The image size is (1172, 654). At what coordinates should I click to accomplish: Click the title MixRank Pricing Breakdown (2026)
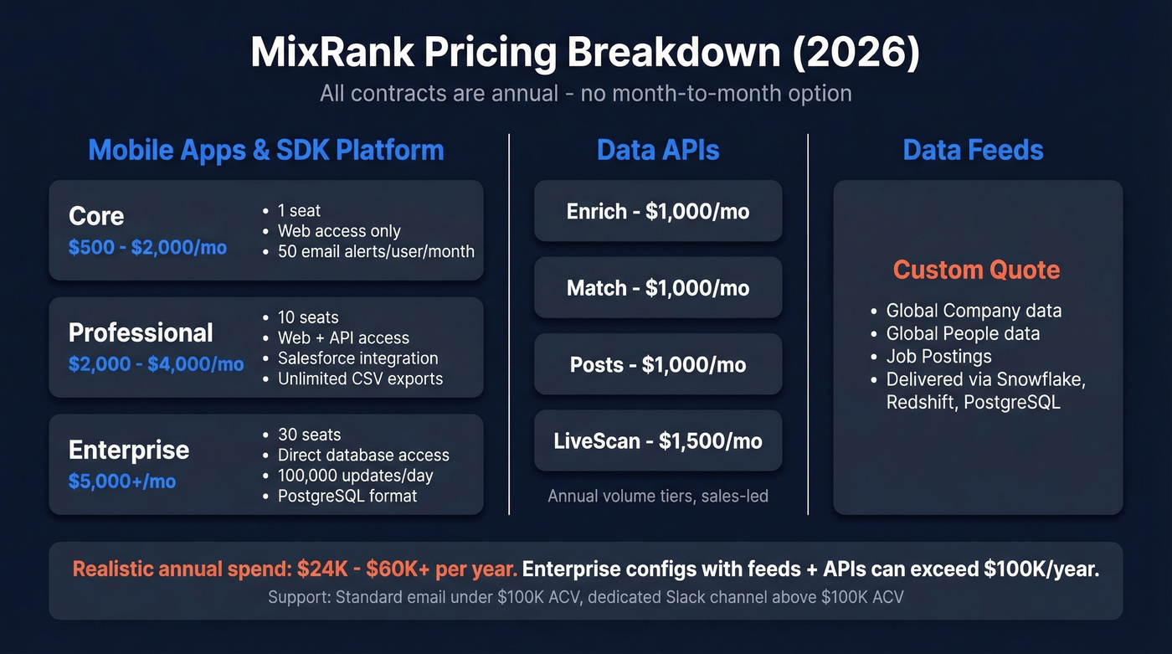585,52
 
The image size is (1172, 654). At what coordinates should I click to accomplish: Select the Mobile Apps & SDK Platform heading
265,150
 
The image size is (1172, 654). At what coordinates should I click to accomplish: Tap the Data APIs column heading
658,150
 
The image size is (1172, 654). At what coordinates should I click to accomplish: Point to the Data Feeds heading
973,150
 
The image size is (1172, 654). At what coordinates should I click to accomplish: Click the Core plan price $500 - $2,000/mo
147,247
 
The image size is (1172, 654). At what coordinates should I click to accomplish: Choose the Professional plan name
141,332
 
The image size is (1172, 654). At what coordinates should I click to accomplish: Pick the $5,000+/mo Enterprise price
122,481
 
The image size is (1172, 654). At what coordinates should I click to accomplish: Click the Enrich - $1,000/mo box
658,211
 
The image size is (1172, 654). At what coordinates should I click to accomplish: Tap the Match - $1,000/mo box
658,288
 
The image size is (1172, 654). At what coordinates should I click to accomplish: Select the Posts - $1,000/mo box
658,364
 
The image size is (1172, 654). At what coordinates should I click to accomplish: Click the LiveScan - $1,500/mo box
658,440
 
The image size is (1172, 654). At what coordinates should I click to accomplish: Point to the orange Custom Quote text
976,270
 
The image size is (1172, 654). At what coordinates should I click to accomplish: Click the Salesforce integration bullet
357,358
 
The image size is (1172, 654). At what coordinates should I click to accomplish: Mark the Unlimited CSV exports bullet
360,378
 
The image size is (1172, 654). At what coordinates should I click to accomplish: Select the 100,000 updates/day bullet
355,476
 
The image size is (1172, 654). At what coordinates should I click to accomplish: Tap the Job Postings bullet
938,357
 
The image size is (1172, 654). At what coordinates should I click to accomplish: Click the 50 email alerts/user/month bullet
376,251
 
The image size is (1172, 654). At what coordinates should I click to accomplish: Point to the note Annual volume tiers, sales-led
658,496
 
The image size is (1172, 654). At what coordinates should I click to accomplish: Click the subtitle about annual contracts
585,92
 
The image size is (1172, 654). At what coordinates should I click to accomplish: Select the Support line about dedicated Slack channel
585,597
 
